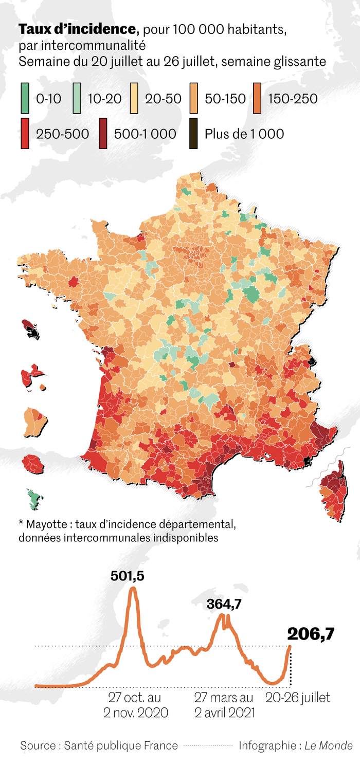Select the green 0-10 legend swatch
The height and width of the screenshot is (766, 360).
tap(25, 98)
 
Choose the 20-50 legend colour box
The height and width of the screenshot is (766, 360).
tap(135, 98)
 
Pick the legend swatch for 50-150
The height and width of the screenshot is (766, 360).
tap(195, 98)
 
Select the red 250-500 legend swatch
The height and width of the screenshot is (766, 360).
tap(25, 134)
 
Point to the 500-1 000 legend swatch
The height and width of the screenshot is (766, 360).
tap(103, 134)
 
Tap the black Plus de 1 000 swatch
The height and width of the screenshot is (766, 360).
tap(193, 134)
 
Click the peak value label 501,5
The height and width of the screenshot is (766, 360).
tap(128, 576)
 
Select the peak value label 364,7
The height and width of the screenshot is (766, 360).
tap(224, 605)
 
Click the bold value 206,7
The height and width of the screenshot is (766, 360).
tap(311, 634)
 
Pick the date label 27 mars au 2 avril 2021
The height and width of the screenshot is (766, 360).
tap(224, 705)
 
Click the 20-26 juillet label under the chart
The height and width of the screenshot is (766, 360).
tap(297, 698)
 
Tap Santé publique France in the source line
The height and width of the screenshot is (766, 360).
tap(121, 745)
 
